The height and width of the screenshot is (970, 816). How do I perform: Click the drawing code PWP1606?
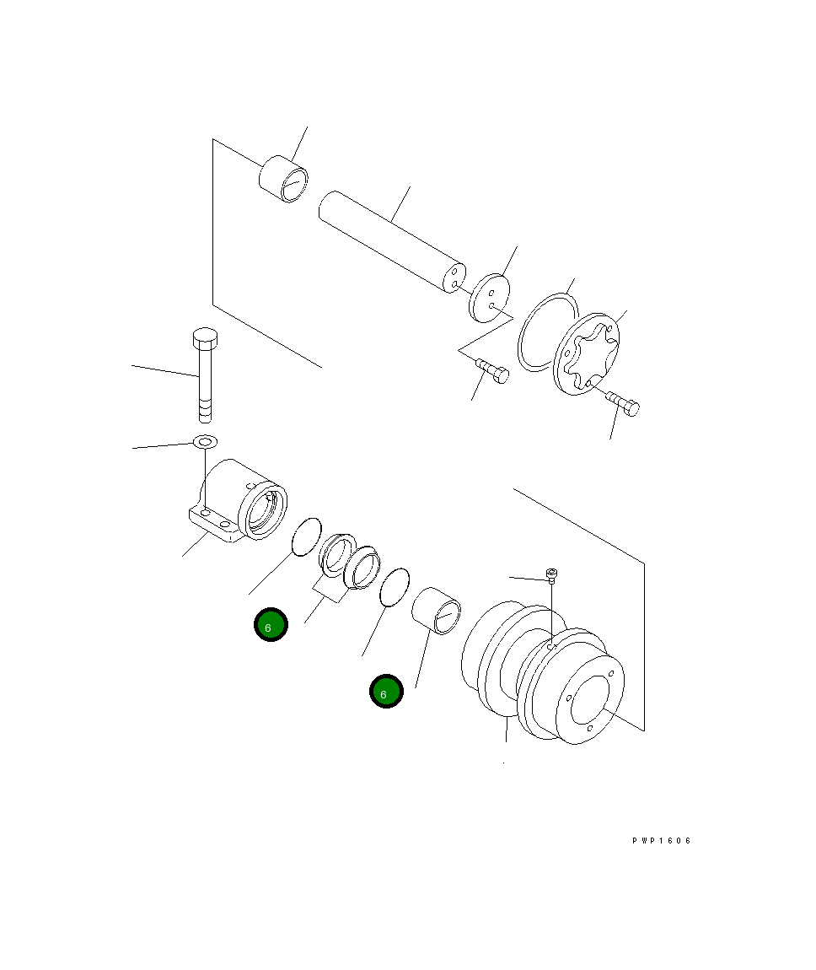pos(662,841)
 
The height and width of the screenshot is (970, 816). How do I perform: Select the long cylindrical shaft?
pos(389,240)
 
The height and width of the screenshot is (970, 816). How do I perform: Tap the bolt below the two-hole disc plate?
pos(492,372)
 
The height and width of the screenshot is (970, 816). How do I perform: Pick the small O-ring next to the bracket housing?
pos(305,536)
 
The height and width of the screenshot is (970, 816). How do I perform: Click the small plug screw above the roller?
pos(551,575)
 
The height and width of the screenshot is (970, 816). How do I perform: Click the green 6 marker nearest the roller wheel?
pos(386,692)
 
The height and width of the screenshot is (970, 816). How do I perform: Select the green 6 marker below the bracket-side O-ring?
pos(271,625)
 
